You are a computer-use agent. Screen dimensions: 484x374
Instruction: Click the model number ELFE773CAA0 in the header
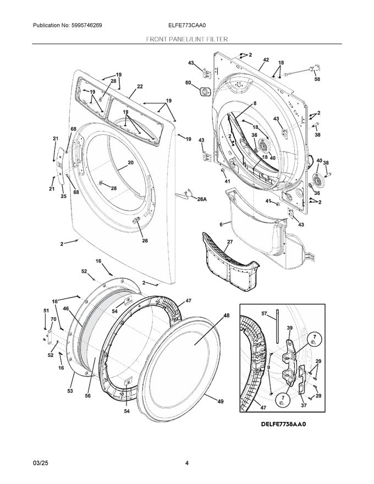pos(187,26)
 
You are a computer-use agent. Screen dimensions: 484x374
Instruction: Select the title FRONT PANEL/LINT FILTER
pos(187,40)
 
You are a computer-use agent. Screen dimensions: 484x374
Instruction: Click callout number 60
pos(188,83)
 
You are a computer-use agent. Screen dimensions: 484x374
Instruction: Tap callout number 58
pos(317,80)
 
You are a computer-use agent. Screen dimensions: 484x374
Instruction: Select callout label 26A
pos(201,200)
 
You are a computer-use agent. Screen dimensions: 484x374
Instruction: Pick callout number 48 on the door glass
pos(226,316)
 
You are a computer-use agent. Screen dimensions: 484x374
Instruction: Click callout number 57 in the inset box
pos(264,314)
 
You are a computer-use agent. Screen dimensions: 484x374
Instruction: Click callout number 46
pos(65,310)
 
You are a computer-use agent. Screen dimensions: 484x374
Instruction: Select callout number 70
pos(54,319)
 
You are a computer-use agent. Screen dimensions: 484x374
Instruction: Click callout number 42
pos(266,60)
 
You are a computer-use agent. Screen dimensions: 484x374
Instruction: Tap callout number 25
pos(63,196)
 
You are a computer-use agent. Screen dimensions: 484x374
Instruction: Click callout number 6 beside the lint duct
pos(221,224)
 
